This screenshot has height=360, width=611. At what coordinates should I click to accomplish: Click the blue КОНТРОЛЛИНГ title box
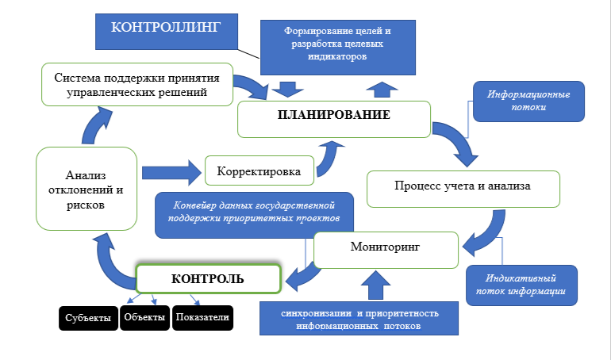pos(165,30)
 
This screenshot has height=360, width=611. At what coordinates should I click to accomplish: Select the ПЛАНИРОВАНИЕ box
pos(333,116)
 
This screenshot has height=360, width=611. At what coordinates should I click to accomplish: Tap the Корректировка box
pos(259,170)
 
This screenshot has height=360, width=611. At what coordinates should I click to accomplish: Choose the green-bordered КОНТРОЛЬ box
pos(209,278)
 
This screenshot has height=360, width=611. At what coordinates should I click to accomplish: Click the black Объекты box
pos(144,318)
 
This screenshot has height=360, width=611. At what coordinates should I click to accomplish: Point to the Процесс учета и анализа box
pos(463,188)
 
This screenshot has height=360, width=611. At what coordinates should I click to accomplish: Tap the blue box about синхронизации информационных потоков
pos(360,320)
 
